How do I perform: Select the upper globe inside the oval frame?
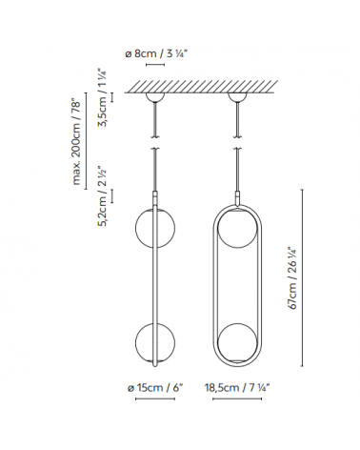pyautogui.click(x=235, y=230)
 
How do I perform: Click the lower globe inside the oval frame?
pyautogui.click(x=235, y=343)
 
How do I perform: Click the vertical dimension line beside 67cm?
pyautogui.click(x=305, y=276)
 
